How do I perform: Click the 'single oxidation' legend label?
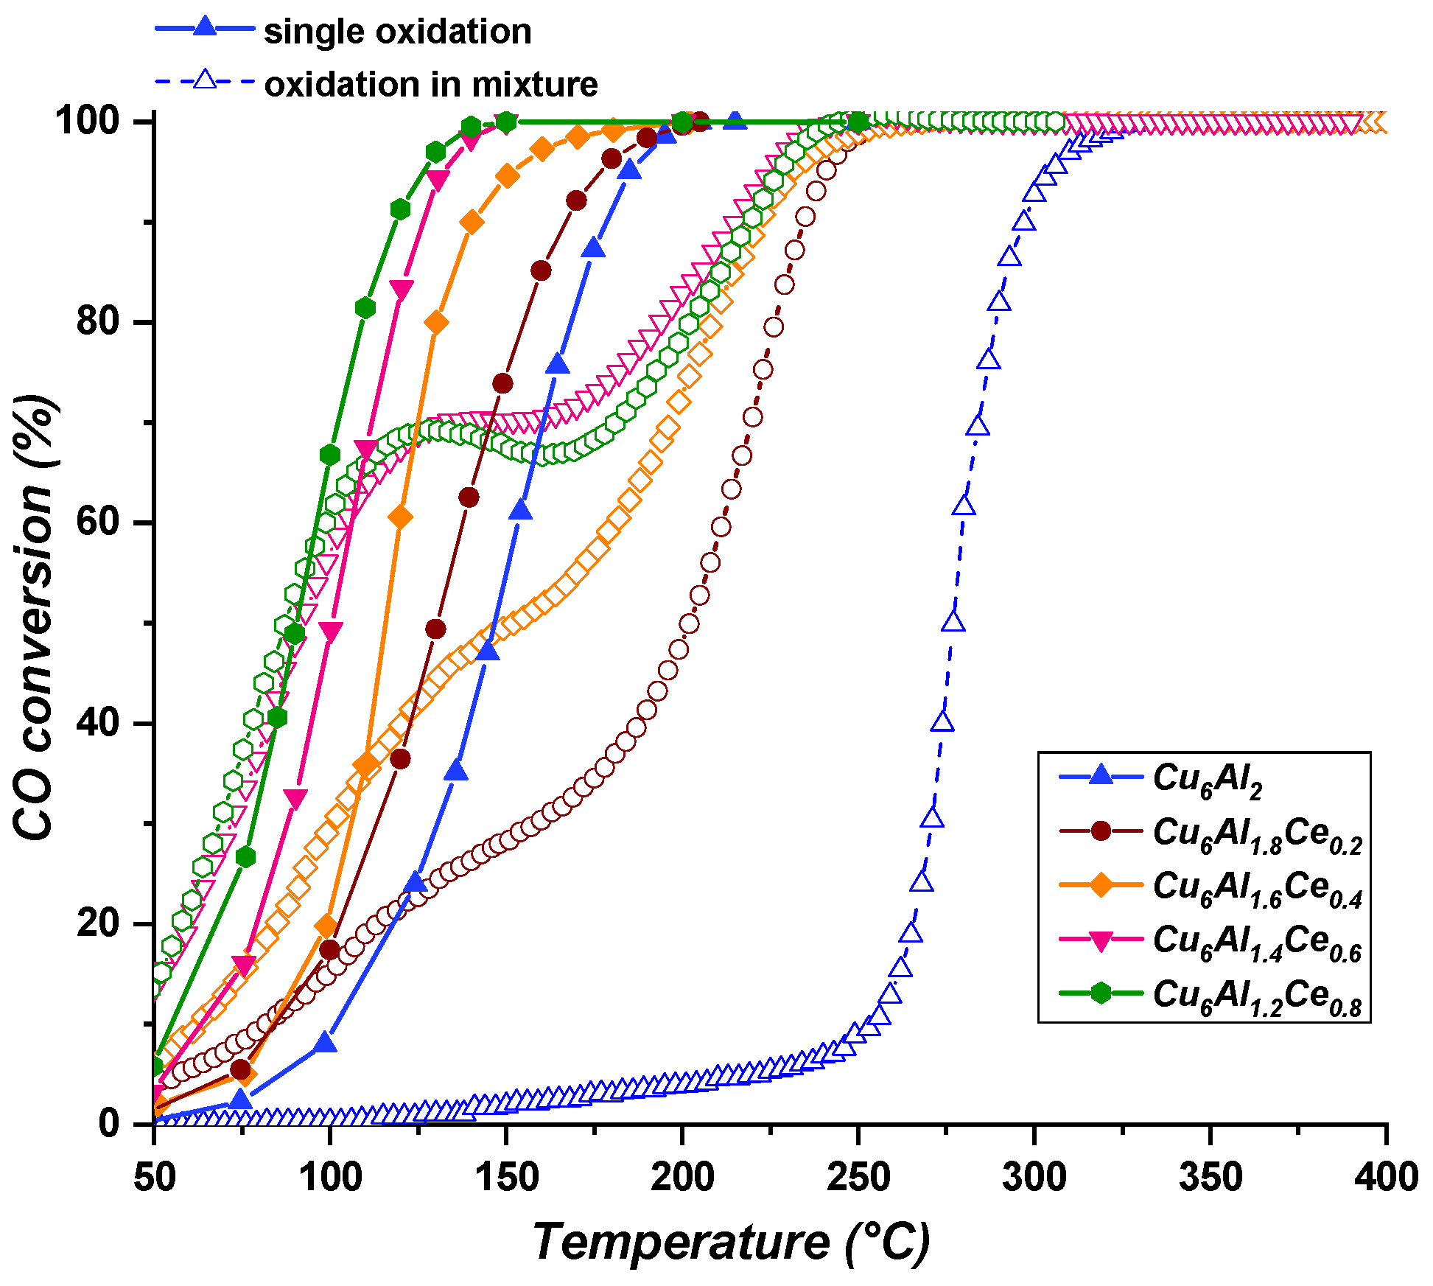pos(397,32)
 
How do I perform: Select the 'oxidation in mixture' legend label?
pos(431,84)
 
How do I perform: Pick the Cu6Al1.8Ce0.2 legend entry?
pos(1257,834)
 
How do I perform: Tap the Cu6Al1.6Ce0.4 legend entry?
pos(1257,887)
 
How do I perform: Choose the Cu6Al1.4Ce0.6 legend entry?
pos(1257,941)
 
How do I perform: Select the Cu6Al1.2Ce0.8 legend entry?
pos(1257,995)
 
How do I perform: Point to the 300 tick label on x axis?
pos(1034,1177)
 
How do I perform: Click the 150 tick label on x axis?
pos(506,1177)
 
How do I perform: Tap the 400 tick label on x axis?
pos(1385,1177)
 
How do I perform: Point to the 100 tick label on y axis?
pos(88,121)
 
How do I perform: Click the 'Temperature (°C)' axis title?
pos(731,1243)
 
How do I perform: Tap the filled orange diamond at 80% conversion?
pos(436,323)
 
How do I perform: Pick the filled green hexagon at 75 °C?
pos(245,856)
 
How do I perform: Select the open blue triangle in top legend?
pos(206,80)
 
